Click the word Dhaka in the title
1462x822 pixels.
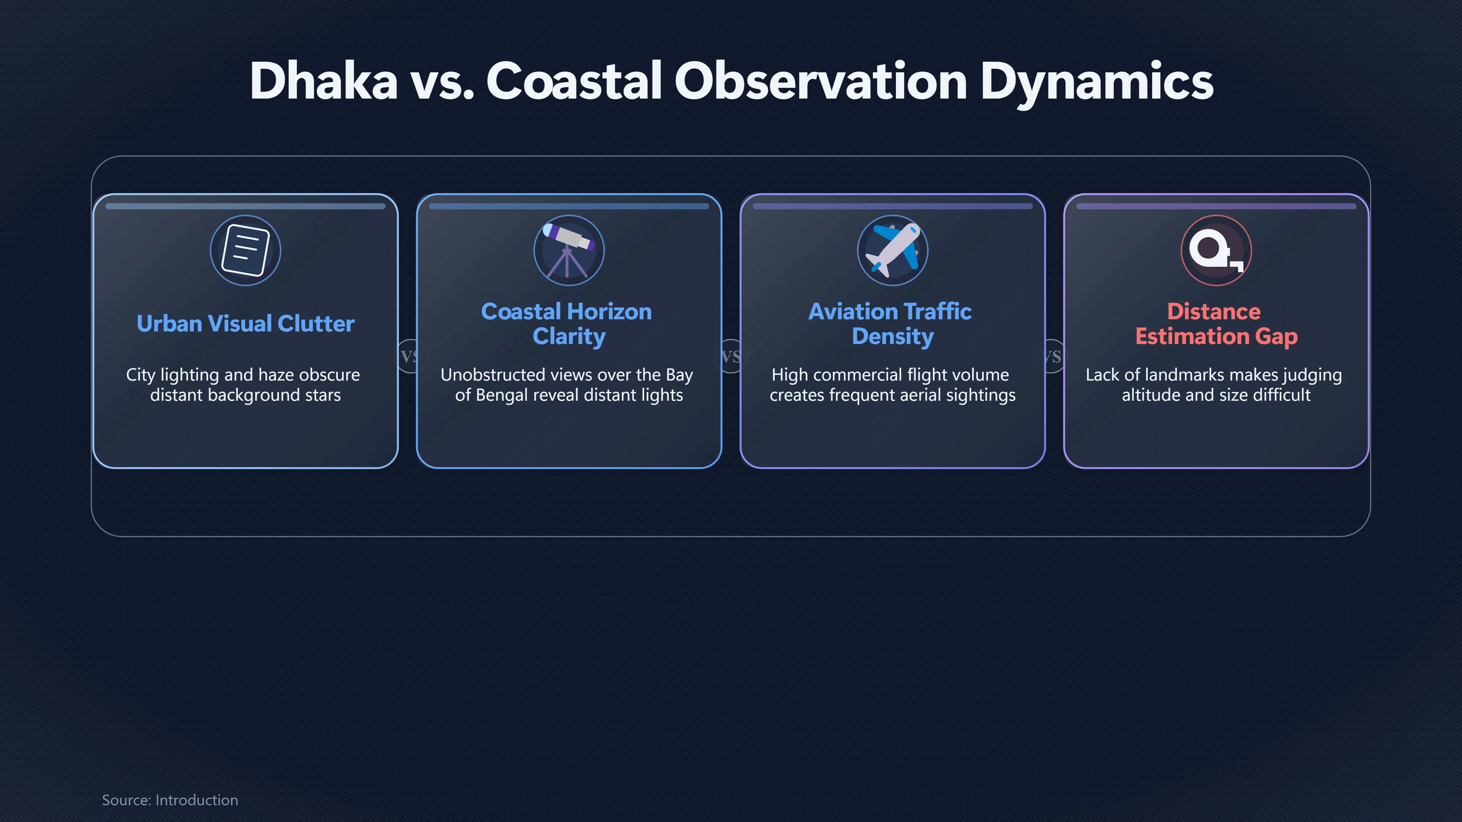(324, 81)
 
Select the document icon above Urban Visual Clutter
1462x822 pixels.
(245, 250)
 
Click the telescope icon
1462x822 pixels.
(569, 250)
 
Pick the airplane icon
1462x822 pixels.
(892, 250)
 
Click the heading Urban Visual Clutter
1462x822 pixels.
(245, 323)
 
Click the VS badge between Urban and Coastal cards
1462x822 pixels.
(410, 356)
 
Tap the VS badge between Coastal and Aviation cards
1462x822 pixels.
(731, 356)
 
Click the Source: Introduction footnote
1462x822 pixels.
(170, 800)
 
